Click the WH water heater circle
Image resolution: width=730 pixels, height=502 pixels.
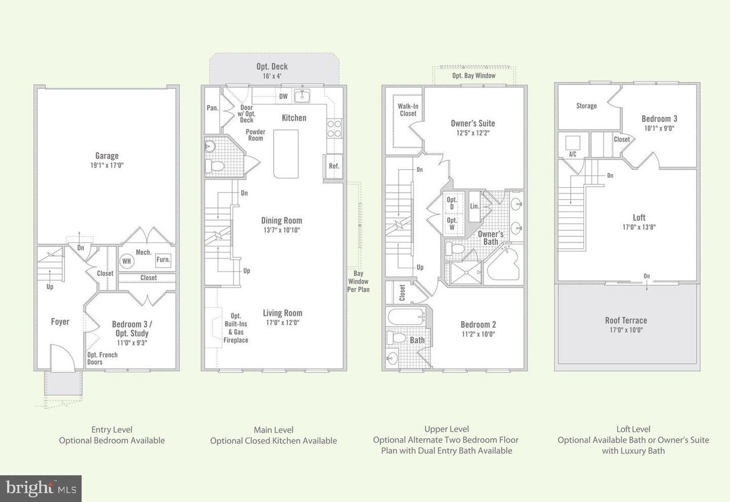tap(127, 261)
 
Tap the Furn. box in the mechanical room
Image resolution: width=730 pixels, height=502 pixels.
tap(163, 260)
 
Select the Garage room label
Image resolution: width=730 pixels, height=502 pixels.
tap(107, 156)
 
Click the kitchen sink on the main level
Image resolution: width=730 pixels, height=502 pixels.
tap(302, 96)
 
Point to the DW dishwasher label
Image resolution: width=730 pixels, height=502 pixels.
tap(283, 96)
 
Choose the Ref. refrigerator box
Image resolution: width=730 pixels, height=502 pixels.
tap(333, 166)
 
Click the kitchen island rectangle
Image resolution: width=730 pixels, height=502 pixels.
tap(286, 154)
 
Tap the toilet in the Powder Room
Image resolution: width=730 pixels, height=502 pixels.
tap(215, 166)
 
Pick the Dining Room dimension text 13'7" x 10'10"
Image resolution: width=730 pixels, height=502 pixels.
tap(282, 230)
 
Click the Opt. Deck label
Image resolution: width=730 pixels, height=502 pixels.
tap(272, 67)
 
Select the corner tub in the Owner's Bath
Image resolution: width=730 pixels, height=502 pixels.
tap(502, 264)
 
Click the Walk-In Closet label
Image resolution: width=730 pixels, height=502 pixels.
tap(408, 110)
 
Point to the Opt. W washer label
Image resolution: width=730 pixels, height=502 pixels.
tap(452, 224)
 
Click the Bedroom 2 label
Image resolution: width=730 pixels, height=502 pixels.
tap(478, 325)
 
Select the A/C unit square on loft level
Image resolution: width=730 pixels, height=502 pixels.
tap(573, 143)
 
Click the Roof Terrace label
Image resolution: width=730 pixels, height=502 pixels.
tap(626, 321)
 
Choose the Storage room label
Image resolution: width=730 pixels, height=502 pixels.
tap(586, 106)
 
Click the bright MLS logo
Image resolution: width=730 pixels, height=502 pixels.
tap(40, 488)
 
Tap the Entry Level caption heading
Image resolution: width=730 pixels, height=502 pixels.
tap(112, 430)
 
